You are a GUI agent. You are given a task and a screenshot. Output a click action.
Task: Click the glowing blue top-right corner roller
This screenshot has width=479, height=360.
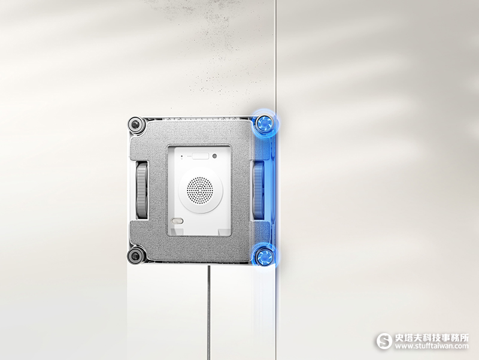click(x=264, y=124)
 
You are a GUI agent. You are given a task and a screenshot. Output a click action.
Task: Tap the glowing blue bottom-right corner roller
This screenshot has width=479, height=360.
click(x=264, y=256)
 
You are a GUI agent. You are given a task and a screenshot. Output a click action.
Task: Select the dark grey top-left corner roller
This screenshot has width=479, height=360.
click(x=136, y=125)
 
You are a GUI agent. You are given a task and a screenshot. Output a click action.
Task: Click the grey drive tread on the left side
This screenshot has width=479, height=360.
click(x=142, y=191)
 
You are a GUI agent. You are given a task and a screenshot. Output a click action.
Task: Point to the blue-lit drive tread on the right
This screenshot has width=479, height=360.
click(x=258, y=190)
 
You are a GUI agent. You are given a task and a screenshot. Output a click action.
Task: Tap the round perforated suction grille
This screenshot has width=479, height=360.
click(x=200, y=190)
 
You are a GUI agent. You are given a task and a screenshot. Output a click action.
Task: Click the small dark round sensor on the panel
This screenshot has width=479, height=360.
click(x=215, y=156)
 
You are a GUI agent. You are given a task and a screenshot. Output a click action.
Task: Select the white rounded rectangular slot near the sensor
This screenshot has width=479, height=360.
click(x=201, y=156)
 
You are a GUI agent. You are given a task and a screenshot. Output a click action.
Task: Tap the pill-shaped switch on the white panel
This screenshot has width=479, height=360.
click(x=177, y=220)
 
